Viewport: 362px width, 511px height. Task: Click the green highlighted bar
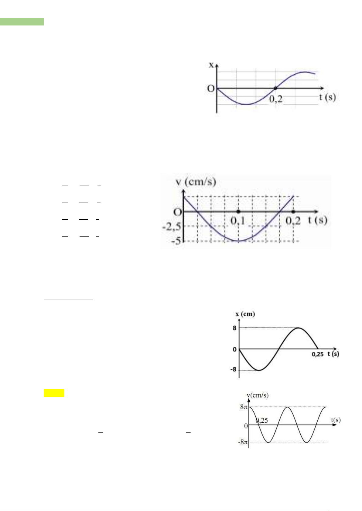pos(22,22)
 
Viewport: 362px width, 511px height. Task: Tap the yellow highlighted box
pos(54,393)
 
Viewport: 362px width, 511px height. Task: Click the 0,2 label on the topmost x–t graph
pos(276,99)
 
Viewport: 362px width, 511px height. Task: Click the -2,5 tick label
pos(172,227)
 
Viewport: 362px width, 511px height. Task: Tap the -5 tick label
pos(176,241)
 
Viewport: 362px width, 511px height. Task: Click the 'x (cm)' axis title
pos(245,314)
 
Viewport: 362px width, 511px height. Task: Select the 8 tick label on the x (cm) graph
pos(234,328)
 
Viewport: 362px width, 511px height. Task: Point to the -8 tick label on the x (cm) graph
pos(233,369)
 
